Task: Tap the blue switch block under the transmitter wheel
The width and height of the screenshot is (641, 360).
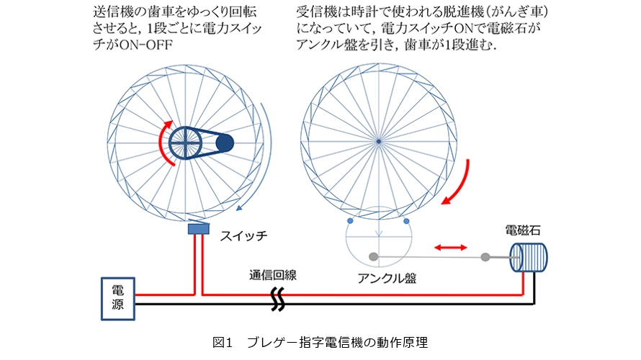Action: [197, 229]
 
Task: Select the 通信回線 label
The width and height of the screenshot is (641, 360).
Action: [274, 274]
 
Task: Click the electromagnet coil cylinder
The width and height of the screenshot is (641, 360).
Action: [529, 257]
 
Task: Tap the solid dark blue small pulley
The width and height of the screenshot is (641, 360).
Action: [225, 144]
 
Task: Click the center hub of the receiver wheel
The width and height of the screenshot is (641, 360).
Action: [378, 141]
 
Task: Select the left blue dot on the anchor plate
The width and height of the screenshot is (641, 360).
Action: [350, 220]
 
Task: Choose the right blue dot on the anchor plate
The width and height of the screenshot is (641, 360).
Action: [407, 220]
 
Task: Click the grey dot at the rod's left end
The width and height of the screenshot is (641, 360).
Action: [373, 256]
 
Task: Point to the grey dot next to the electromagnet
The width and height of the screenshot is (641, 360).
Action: [485, 256]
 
